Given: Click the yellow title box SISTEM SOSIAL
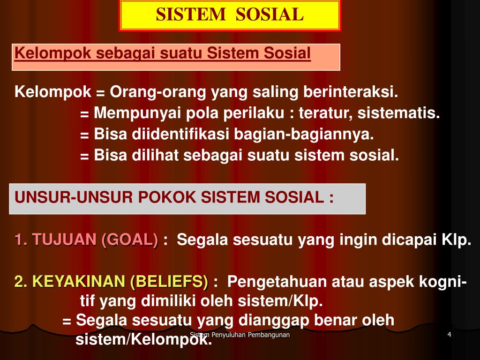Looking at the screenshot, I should point(230,15).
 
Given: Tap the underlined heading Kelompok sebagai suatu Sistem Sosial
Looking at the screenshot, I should point(163,53).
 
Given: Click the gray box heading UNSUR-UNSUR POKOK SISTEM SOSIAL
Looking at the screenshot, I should point(174,197).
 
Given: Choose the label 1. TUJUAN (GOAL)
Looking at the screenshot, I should point(86,240).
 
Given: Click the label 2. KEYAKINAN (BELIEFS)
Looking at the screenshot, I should point(112,282).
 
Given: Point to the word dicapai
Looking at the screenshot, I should point(411,240).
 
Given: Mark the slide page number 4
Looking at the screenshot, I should point(449,335).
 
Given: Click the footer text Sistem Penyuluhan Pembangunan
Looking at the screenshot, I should point(240,335).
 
